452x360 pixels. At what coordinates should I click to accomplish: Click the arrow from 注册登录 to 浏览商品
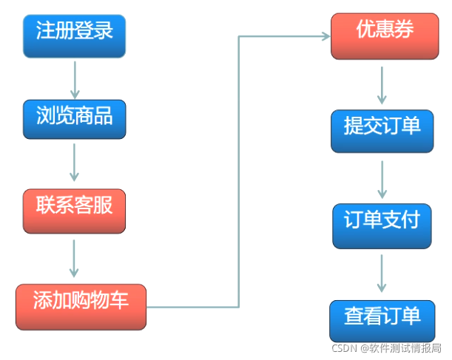(74, 76)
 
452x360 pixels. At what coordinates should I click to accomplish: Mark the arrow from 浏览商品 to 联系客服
(74, 163)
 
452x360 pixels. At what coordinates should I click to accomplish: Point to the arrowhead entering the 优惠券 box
(324, 35)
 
